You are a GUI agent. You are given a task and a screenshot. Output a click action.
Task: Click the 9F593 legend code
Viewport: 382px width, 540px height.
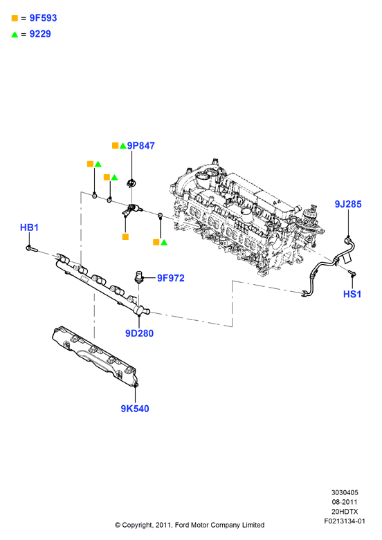click(43, 18)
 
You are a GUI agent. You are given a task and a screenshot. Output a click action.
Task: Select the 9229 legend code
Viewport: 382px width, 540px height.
click(40, 34)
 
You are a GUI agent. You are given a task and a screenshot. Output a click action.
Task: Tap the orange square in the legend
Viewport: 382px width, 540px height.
click(15, 18)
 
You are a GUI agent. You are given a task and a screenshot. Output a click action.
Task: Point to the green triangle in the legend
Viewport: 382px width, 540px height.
click(15, 34)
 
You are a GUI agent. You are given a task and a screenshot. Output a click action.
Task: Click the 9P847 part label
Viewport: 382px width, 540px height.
click(141, 146)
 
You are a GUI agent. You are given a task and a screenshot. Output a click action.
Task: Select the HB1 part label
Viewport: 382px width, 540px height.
click(29, 227)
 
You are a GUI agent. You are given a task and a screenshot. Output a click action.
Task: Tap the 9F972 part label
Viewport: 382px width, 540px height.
click(171, 278)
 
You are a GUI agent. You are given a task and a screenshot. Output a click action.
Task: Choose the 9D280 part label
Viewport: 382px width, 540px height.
click(139, 333)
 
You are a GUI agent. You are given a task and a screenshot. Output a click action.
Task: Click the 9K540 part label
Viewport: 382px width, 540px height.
click(135, 409)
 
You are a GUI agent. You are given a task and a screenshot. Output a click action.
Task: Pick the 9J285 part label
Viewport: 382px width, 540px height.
click(348, 204)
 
